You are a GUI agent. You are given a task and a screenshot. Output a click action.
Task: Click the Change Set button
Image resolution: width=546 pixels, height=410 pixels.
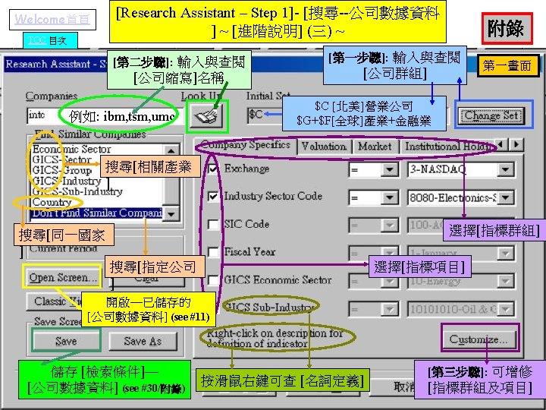coord(492,116)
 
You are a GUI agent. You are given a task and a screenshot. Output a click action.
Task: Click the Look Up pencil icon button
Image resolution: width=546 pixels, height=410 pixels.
coord(205,115)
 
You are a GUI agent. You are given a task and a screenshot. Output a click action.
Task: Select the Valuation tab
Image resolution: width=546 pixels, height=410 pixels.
coord(324,146)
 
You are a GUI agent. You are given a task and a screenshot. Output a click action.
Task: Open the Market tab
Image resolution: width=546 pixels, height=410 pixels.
coord(375,146)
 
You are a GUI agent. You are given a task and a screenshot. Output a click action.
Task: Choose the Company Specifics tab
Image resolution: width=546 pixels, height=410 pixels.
coord(246,145)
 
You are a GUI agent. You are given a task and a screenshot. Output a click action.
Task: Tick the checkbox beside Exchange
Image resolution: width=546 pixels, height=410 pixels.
coord(213,169)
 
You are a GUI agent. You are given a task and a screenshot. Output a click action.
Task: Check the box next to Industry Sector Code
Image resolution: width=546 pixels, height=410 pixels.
coord(213,197)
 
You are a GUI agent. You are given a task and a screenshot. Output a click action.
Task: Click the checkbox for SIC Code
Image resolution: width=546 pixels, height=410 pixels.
coord(213,225)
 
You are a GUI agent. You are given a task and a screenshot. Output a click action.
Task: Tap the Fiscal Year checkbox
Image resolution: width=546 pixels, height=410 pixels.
coord(213,252)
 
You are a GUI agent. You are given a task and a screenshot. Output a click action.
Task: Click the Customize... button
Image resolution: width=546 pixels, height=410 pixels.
coord(478,339)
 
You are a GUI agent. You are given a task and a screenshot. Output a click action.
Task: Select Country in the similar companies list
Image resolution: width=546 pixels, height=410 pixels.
coord(52,203)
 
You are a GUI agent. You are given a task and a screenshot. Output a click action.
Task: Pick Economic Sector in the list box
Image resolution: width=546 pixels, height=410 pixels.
coord(71,150)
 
